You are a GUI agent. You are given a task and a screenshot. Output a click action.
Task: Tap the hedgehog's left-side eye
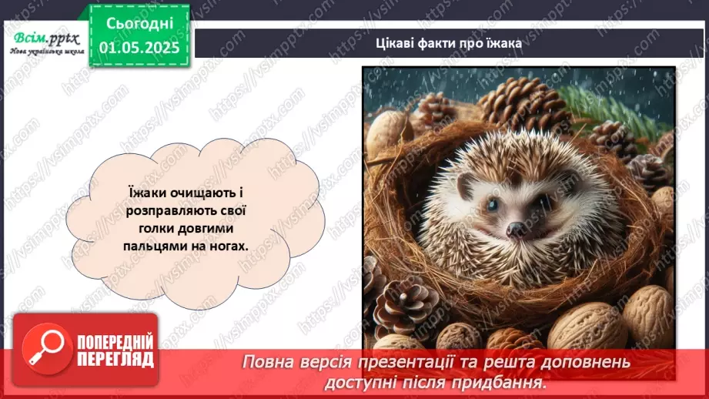click(x=490, y=204)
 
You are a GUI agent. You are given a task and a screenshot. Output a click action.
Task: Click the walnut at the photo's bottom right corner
click(x=648, y=313)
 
